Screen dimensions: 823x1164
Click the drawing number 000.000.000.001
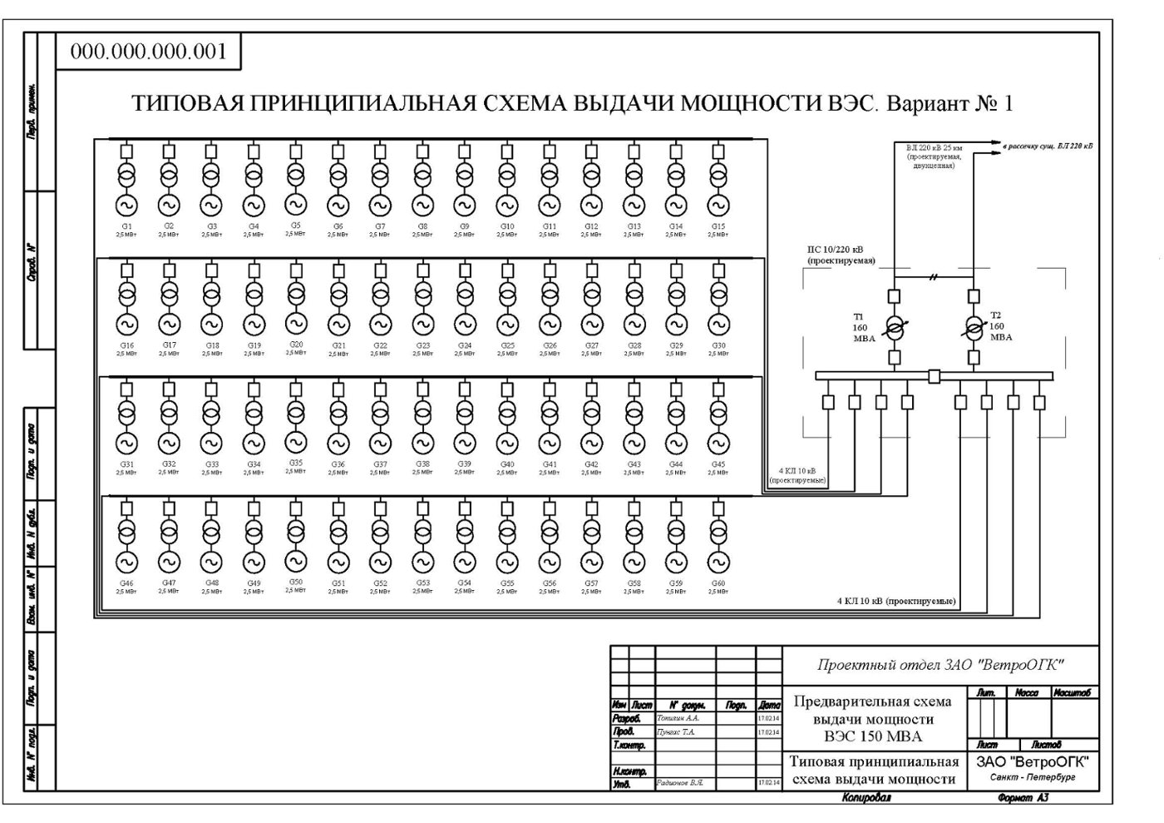[x=148, y=52]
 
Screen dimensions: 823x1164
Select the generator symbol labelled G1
[x=126, y=205]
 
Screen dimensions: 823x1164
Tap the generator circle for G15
[x=718, y=205]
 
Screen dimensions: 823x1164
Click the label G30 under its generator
[x=718, y=345]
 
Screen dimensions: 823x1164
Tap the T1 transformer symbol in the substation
[x=894, y=327]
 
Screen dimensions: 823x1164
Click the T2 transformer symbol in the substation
[x=974, y=327]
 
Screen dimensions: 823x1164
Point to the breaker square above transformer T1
[x=894, y=295]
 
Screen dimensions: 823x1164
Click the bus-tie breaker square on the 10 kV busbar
[x=934, y=376]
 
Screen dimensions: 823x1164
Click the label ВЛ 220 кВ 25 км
[x=935, y=147]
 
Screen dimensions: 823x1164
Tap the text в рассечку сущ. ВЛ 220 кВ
[x=1048, y=146]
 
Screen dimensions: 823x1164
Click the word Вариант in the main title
[x=925, y=104]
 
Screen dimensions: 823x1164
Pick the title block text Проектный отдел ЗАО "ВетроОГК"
[x=940, y=665]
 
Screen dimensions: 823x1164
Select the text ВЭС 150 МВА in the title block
[x=873, y=736]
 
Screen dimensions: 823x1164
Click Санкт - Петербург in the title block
[x=1033, y=777]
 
